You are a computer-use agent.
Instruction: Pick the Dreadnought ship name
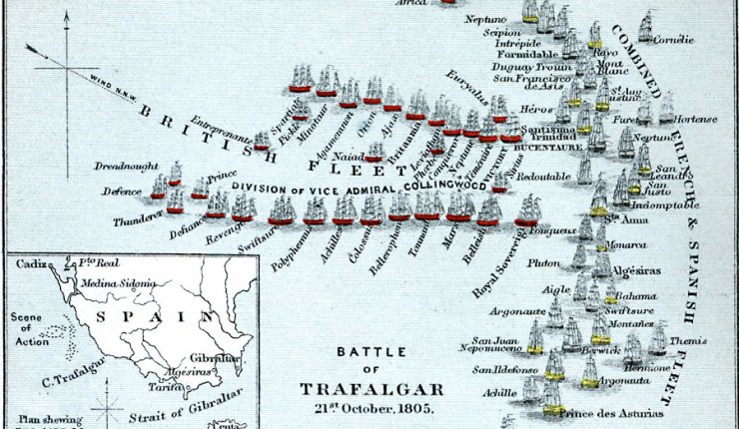tap(127, 166)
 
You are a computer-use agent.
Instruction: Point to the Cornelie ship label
tap(673, 41)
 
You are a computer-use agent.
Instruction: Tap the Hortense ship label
tap(695, 119)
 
